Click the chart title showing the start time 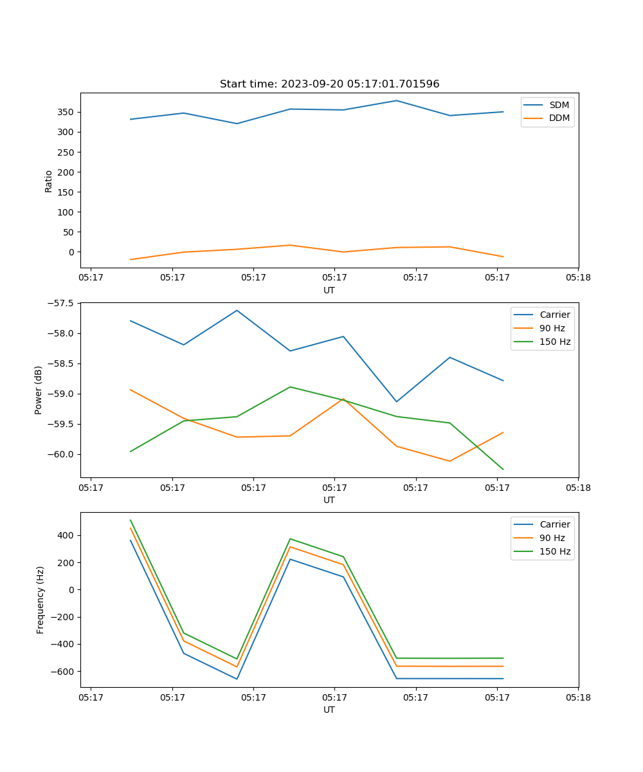coord(329,84)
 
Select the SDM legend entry coord(559,105)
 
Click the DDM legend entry coord(559,118)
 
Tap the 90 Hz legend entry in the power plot coord(552,328)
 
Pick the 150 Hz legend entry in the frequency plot coord(555,551)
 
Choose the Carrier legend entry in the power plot coord(554,315)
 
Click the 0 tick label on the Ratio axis coord(72,252)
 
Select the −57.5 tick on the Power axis coord(63,303)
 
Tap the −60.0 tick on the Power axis coord(63,454)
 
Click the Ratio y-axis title coord(49,181)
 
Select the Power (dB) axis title coord(39,390)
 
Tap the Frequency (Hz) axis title coord(41,600)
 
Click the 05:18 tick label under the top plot coord(577,278)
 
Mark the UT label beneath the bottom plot coord(329,710)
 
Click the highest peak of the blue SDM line coord(397,100)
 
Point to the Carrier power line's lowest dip coord(397,401)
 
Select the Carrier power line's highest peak coord(237,310)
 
